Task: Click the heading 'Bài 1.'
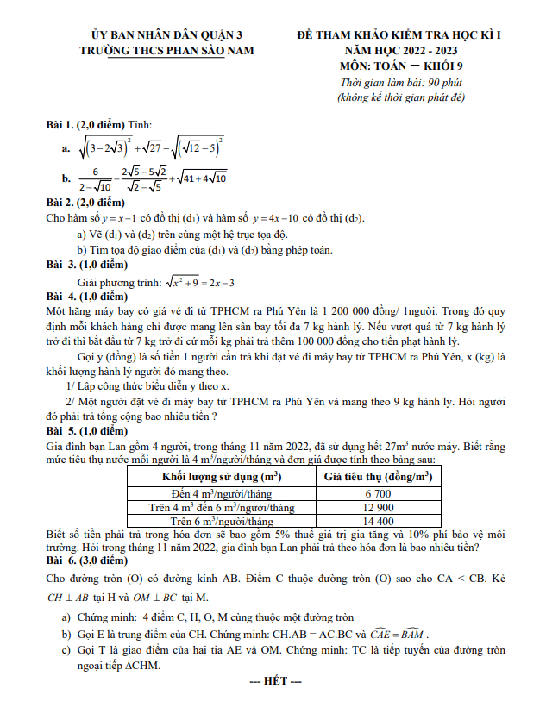click(x=62, y=126)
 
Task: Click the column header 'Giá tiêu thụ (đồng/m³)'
click(x=378, y=476)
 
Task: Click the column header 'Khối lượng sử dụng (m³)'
click(x=222, y=476)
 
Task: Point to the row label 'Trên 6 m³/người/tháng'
click(x=222, y=521)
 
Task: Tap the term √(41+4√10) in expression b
click(x=200, y=178)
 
